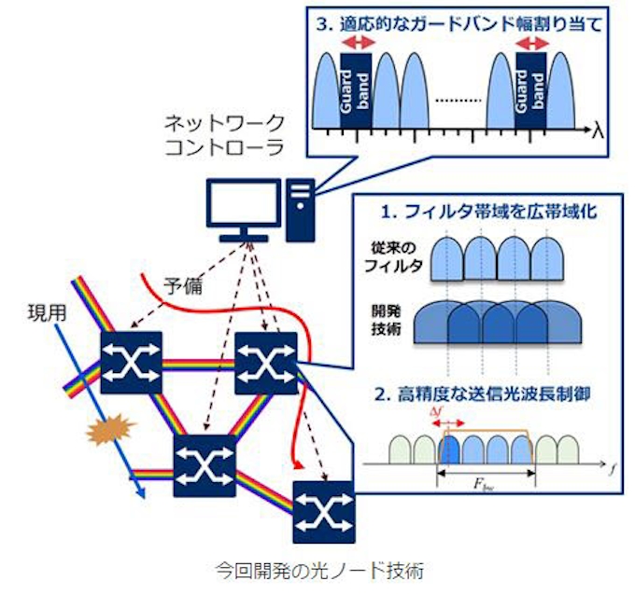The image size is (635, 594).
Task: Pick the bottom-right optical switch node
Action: tap(323, 511)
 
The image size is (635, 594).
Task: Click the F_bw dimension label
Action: tap(486, 485)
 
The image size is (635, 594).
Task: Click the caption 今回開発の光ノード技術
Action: tap(319, 567)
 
